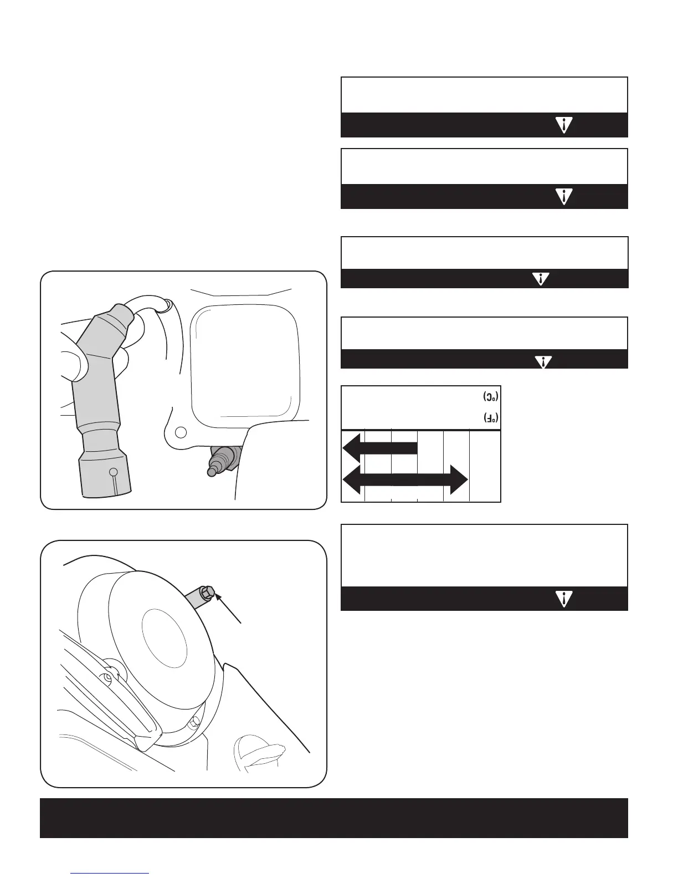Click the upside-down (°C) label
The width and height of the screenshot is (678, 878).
coord(490,397)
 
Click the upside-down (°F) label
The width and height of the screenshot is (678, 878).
coord(490,418)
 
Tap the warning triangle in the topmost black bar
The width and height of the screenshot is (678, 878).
coord(563,125)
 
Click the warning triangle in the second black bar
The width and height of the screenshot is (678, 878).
coord(563,196)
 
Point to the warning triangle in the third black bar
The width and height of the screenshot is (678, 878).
coord(540,279)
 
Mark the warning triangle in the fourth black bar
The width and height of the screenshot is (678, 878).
coord(544,361)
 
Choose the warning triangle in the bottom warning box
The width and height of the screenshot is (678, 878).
coord(563,599)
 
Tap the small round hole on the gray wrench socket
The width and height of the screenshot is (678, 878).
coord(114,472)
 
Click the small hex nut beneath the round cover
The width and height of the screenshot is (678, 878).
coord(193,721)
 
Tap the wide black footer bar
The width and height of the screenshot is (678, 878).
coord(334,818)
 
